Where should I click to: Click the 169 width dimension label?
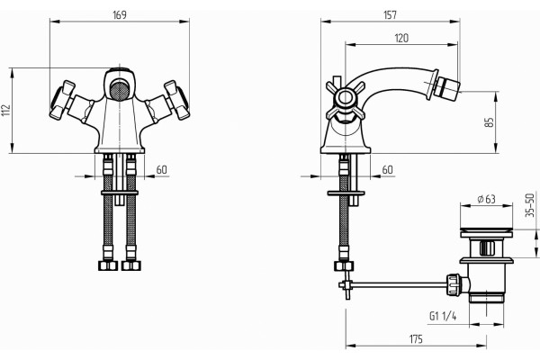pos(120,14)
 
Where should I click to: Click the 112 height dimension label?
pos(6,110)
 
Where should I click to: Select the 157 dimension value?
pos(390,14)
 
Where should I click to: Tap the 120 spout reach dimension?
pos(401,38)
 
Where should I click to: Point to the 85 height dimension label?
pos(489,122)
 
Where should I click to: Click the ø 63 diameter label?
pos(486,199)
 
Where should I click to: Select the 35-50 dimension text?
pos(530,205)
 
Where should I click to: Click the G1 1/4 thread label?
pos(443,316)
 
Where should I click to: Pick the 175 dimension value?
pos(416,339)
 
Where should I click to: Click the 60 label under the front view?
pos(161,169)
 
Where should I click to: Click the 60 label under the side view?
pos(387,169)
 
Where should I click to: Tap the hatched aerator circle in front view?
pos(120,90)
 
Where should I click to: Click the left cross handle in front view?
pos(62,100)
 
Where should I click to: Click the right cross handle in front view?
pos(176,100)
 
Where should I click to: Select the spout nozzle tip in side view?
pos(446,89)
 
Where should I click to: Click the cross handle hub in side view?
pos(345,97)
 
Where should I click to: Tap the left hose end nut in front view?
pos(108,265)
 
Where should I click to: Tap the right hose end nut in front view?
pos(130,265)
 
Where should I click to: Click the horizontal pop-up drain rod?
pos(400,284)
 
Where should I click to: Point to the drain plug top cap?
pos(487,230)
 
